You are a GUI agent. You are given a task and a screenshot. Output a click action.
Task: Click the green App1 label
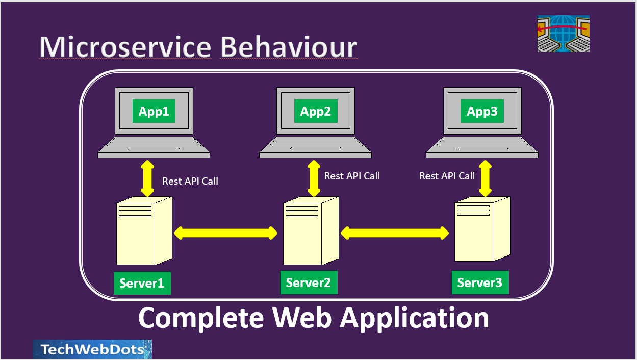pyautogui.click(x=154, y=111)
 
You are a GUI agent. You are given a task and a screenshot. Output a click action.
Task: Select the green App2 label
pyautogui.click(x=316, y=111)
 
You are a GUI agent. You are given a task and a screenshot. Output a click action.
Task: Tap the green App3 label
pyautogui.click(x=482, y=111)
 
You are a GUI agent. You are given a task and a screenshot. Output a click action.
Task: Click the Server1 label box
pyautogui.click(x=142, y=283)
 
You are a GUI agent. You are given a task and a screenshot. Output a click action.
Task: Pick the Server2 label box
pyautogui.click(x=309, y=282)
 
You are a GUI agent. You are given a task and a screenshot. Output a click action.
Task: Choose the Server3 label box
pyautogui.click(x=480, y=282)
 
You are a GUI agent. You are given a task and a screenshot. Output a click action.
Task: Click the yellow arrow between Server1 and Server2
pyautogui.click(x=225, y=233)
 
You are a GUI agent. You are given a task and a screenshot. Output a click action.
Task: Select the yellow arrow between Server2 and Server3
pyautogui.click(x=395, y=233)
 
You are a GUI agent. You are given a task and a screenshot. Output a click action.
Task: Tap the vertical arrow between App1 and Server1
pyautogui.click(x=147, y=178)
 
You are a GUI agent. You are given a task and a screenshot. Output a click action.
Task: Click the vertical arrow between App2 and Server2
pyautogui.click(x=314, y=178)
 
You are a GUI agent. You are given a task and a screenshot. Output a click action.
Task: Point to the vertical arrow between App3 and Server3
pyautogui.click(x=485, y=178)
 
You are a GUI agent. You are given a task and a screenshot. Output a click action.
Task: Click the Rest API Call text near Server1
pyautogui.click(x=190, y=181)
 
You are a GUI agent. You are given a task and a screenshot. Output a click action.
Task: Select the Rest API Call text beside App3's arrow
pyautogui.click(x=447, y=176)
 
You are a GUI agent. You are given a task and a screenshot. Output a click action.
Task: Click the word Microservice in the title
pyautogui.click(x=125, y=47)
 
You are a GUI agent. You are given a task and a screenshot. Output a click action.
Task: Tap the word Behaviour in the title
pyautogui.click(x=289, y=47)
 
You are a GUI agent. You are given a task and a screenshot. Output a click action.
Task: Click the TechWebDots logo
pyautogui.click(x=92, y=349)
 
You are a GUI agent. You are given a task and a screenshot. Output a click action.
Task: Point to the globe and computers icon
pyautogui.click(x=564, y=34)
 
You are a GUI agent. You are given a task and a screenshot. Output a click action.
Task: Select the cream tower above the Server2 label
pyautogui.click(x=311, y=230)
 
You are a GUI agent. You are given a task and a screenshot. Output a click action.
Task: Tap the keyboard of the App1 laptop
pyautogui.click(x=154, y=146)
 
